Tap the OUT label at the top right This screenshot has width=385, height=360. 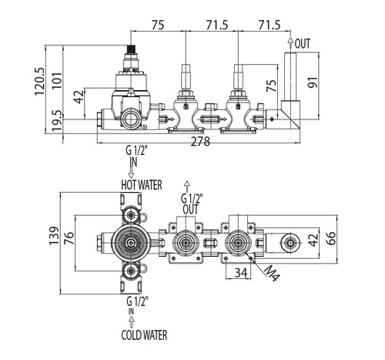pos(303,44)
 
